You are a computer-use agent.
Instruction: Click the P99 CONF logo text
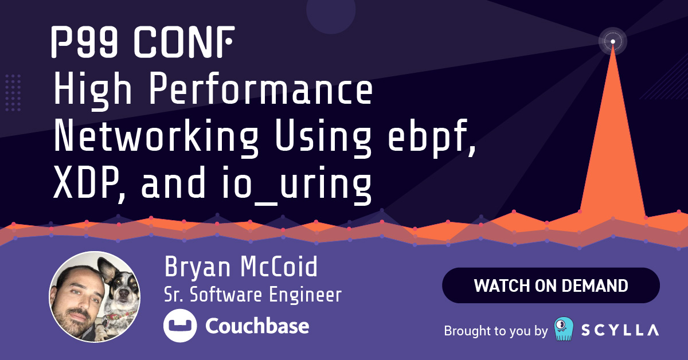click(143, 42)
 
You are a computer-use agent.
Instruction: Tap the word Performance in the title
click(261, 89)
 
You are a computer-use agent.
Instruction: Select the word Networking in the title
click(157, 138)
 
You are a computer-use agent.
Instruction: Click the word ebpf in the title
click(432, 138)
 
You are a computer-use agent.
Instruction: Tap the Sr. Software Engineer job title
click(253, 294)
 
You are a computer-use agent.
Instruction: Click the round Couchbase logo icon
click(180, 326)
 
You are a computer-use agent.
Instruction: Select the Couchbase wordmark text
click(257, 326)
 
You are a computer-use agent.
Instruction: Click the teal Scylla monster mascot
click(564, 329)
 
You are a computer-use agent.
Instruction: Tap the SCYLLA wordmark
click(620, 330)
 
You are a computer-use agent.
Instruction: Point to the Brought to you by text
click(496, 331)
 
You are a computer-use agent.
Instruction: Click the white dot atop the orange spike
click(613, 41)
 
